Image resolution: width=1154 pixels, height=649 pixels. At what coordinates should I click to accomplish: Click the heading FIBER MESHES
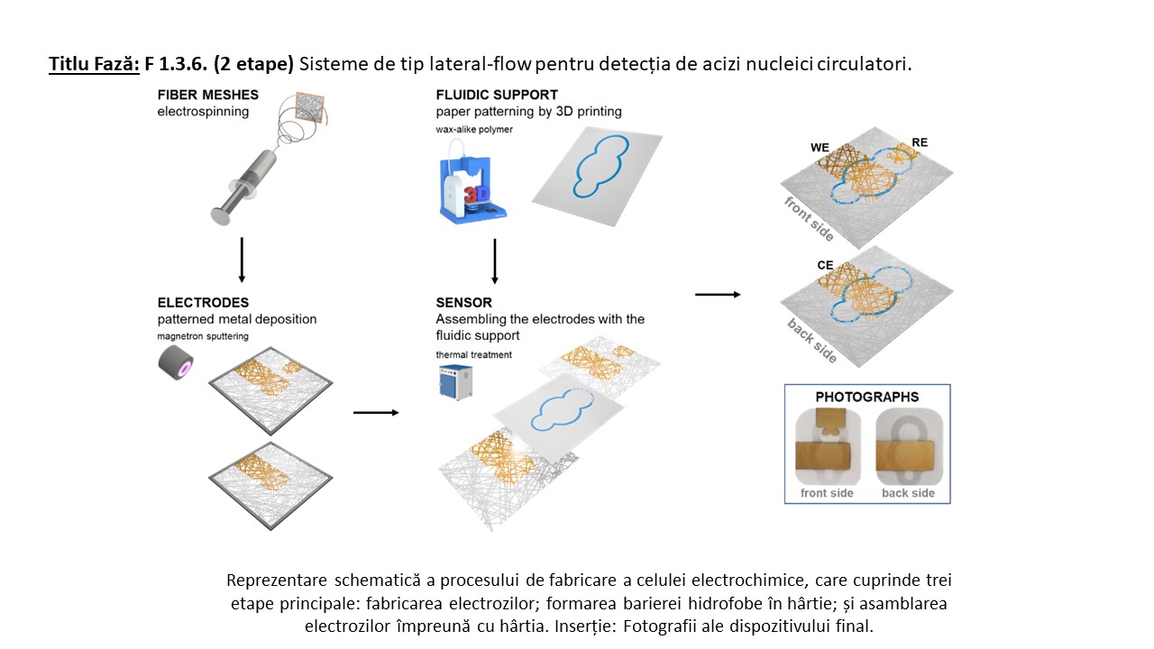click(x=207, y=95)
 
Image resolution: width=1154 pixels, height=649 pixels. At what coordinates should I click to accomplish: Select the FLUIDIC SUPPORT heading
click(x=497, y=95)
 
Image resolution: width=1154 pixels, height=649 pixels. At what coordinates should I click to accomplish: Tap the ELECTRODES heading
click(x=203, y=303)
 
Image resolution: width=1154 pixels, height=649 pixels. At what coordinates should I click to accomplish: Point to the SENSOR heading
click(x=464, y=303)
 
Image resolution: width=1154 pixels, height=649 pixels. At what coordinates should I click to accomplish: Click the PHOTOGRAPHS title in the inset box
click(x=866, y=397)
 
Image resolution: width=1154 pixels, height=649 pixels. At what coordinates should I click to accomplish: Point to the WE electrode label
click(x=820, y=146)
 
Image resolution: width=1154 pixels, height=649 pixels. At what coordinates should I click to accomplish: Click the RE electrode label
click(x=919, y=142)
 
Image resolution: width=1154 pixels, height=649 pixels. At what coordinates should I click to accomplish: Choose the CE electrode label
click(x=824, y=266)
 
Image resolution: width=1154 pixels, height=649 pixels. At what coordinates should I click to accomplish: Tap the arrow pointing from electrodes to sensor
click(x=375, y=413)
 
